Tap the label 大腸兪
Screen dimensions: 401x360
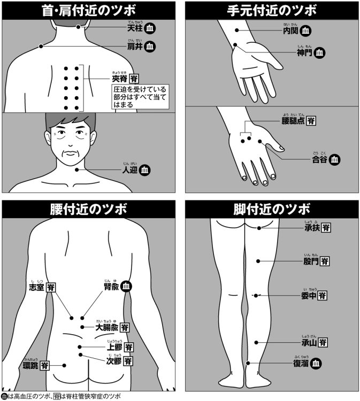(x=107, y=327)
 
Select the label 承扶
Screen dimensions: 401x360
(x=311, y=228)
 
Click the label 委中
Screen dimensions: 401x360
(x=308, y=296)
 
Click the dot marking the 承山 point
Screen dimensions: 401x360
(x=257, y=342)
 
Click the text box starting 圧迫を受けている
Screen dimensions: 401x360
(x=140, y=97)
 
